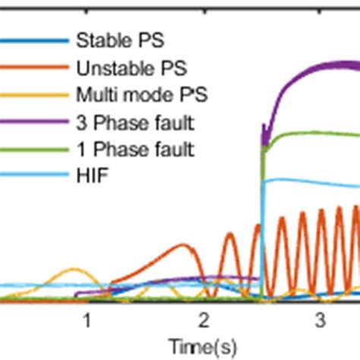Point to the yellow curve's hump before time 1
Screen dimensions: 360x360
click(x=72, y=270)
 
